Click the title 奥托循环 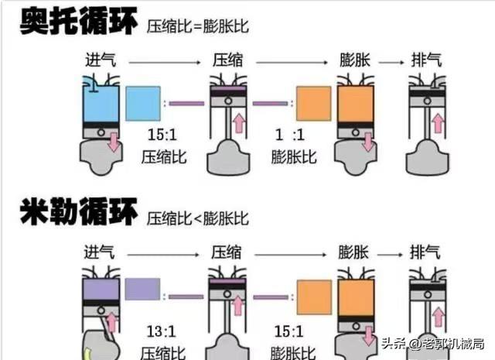[x=78, y=21]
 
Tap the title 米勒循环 [x=78, y=212]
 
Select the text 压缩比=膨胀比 [x=203, y=26]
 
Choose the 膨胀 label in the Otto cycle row [x=355, y=60]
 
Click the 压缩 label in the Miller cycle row [x=227, y=252]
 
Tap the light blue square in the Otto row [x=143, y=103]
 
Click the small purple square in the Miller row [x=142, y=290]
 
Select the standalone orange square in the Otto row [x=313, y=103]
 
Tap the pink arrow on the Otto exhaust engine [x=438, y=122]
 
